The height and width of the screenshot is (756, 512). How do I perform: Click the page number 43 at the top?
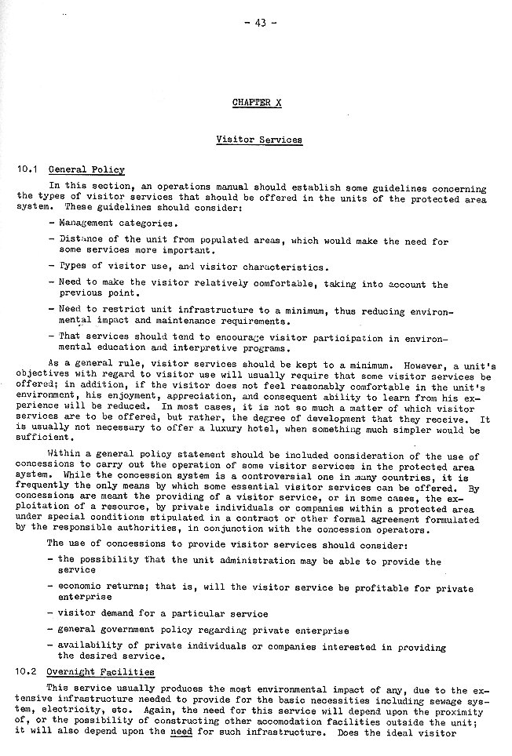[261, 23]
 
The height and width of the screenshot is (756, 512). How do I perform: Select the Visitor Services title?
[258, 140]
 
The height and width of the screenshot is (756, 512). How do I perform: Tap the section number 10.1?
[27, 169]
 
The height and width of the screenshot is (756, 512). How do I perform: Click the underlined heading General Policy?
[86, 169]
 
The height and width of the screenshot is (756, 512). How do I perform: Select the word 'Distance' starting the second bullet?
[76, 242]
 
